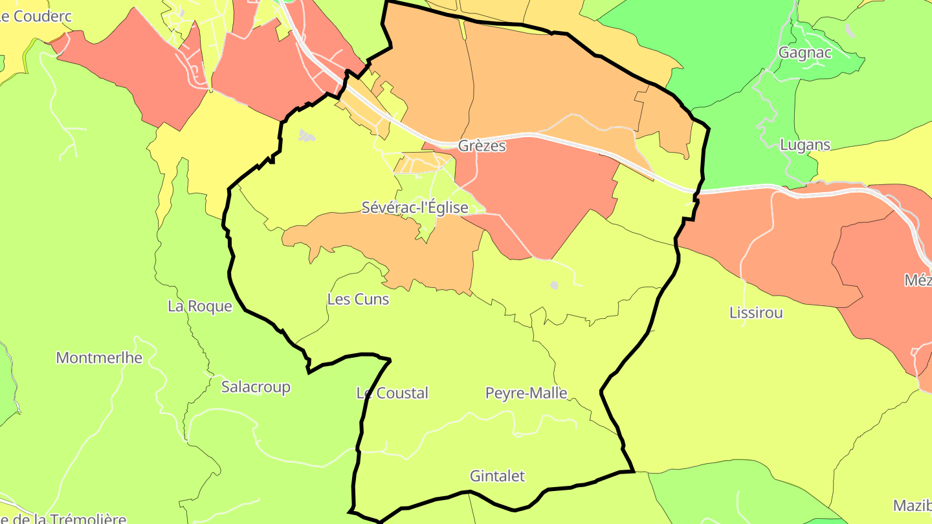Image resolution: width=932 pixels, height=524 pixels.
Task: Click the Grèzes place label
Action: [x=482, y=146]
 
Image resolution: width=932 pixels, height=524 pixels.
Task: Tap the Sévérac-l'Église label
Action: [x=414, y=208]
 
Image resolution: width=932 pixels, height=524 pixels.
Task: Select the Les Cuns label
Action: [x=358, y=300]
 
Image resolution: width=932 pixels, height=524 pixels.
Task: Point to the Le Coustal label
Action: [x=392, y=393]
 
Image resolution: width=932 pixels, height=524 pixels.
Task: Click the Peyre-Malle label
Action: [x=526, y=393]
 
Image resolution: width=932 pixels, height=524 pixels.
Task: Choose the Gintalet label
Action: [x=497, y=477]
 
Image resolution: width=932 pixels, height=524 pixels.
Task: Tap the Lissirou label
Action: [x=756, y=313]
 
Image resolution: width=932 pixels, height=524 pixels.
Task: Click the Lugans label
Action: [x=805, y=145]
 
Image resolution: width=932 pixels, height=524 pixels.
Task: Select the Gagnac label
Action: [x=805, y=53]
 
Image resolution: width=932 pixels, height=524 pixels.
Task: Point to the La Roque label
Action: [x=199, y=306]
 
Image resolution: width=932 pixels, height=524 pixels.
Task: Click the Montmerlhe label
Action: [x=99, y=358]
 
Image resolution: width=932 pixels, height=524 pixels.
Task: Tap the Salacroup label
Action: [x=256, y=388]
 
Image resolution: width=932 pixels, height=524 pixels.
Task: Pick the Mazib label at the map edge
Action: [x=912, y=505]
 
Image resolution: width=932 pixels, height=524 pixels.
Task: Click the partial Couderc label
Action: [x=36, y=17]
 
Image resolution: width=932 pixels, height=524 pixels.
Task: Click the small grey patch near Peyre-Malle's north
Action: [x=554, y=285]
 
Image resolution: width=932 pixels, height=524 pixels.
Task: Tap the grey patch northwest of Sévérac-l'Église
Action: [x=305, y=136]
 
